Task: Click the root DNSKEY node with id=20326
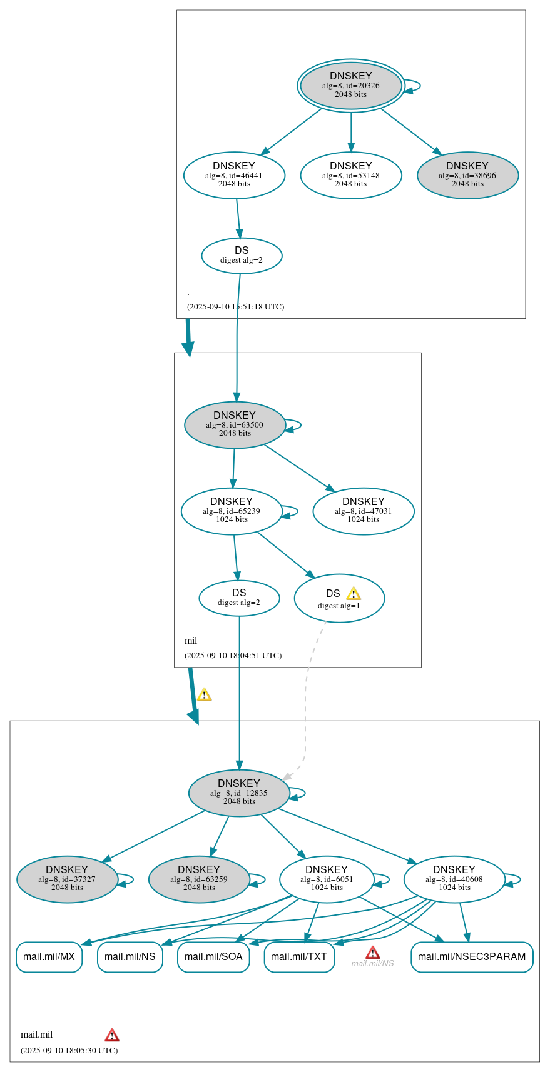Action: tap(350, 86)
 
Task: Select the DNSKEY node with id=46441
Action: tap(234, 176)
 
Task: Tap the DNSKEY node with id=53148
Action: tap(350, 176)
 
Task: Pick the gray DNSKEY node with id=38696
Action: tap(467, 176)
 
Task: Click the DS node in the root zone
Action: tap(242, 256)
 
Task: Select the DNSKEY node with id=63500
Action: tap(235, 425)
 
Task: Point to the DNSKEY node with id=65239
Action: tap(232, 511)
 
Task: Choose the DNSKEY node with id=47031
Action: tap(363, 511)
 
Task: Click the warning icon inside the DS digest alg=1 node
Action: tap(354, 594)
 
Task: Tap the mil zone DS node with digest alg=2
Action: tap(239, 598)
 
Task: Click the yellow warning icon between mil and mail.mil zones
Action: tap(204, 694)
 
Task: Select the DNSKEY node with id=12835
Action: tap(239, 793)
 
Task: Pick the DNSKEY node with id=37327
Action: tap(67, 879)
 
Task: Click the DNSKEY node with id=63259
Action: tap(199, 879)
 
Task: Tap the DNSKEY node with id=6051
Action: tap(327, 879)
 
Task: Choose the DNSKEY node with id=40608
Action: tap(454, 879)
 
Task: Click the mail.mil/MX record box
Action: tap(49, 957)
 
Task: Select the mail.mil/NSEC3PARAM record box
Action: tap(472, 957)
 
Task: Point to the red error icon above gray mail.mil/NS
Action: tap(373, 953)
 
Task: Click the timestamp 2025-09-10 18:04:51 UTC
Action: tap(233, 656)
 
